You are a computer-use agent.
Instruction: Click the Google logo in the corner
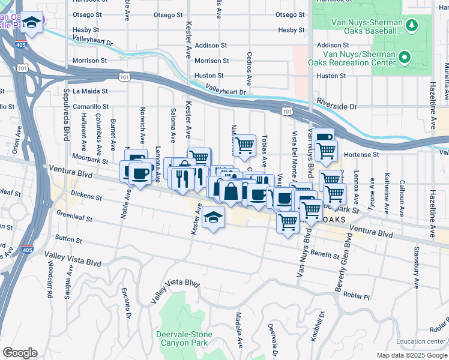(x=20, y=353)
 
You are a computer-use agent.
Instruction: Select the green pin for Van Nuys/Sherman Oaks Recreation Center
(x=405, y=58)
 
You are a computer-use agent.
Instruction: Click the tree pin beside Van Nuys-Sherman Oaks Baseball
(x=411, y=25)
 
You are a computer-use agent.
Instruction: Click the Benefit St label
(x=325, y=254)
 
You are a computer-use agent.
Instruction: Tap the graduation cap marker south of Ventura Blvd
(x=213, y=218)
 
